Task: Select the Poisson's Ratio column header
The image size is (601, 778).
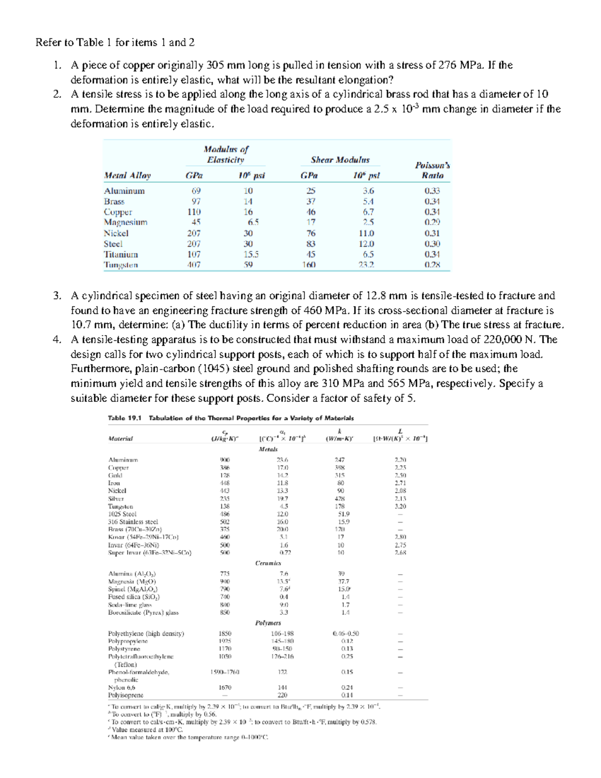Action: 432,170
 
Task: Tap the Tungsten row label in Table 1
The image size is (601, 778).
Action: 121,265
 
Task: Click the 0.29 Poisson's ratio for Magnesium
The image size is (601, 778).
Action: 432,222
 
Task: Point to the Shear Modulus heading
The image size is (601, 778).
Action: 340,160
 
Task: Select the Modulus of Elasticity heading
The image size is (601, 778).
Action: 226,154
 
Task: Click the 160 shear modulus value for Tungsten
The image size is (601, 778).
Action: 309,265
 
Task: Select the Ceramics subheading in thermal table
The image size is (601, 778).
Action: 268,563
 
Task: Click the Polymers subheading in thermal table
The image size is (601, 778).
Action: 268,623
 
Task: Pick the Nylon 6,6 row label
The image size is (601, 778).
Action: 122,688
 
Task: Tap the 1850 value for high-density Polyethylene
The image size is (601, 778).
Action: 225,634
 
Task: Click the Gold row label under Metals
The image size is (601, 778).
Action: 115,475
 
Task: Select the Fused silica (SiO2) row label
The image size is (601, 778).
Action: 134,597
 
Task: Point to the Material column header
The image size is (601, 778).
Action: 121,438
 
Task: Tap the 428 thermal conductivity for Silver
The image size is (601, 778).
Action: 340,499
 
